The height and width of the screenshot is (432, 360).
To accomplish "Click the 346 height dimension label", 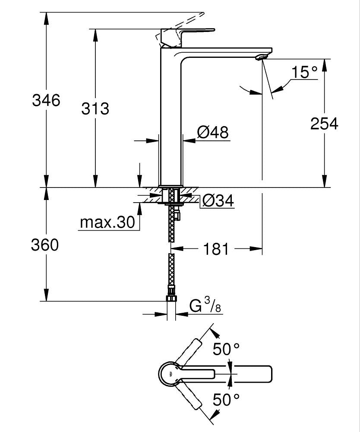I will [46, 101].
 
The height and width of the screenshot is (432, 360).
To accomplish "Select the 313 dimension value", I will [95, 108].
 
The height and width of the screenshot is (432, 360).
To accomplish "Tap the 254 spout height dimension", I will [324, 124].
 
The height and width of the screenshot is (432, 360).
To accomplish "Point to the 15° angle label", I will [304, 72].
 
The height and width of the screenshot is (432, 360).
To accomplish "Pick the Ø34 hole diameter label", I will [218, 200].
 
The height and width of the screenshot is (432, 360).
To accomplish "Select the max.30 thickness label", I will [107, 223].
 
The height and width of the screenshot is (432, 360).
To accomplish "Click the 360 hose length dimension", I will [44, 245].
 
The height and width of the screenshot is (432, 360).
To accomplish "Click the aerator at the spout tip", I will [262, 57].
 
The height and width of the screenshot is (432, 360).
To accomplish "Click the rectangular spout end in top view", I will [255, 373].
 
